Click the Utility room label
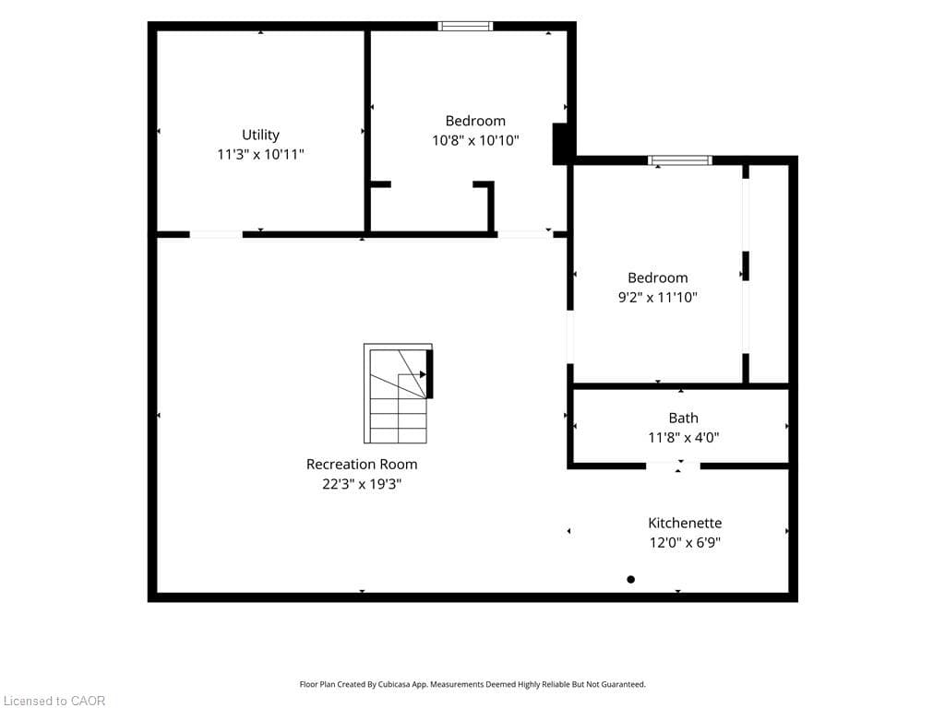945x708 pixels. pos(260,135)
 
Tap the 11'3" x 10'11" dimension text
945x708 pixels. pos(260,155)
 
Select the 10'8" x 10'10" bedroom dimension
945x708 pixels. pos(475,140)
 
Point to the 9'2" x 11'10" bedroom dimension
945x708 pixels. pos(657,298)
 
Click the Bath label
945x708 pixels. pos(684,418)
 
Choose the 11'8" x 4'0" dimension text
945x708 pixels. pos(684,438)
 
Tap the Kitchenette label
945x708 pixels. pos(685,523)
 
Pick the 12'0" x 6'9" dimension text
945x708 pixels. pos(685,542)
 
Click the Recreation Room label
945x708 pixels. pos(362,465)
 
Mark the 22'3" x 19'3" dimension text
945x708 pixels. pos(362,484)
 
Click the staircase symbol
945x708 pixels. pos(399,394)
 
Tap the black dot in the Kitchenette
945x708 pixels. pos(631,580)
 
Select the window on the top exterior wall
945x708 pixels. pos(465,26)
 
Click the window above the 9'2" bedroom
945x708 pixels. pos(680,160)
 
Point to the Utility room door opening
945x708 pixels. pos(216,234)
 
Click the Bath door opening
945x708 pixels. pos(673,466)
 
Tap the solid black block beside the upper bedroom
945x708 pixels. pos(560,143)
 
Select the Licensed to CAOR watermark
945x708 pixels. pos(54,701)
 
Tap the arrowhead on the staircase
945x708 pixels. pos(423,374)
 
